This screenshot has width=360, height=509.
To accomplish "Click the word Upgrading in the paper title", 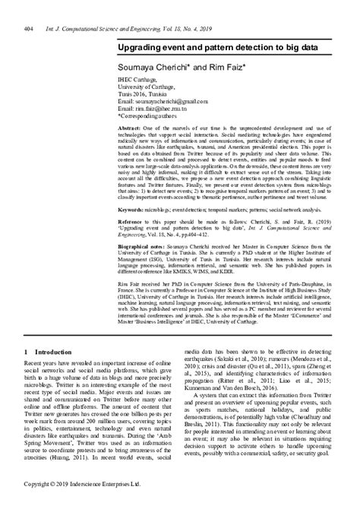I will click(144, 47).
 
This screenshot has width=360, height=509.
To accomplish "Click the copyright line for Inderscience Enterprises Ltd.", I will click(83, 503).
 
